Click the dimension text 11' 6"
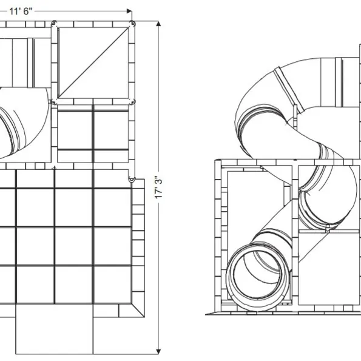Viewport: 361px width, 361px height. pyautogui.click(x=21, y=11)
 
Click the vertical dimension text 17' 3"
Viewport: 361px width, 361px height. pyautogui.click(x=158, y=187)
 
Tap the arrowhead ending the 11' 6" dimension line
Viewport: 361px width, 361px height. pyautogui.click(x=129, y=11)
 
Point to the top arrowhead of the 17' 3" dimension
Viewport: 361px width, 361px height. pyautogui.click(x=158, y=24)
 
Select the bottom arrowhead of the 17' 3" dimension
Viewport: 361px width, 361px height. pyautogui.click(x=158, y=351)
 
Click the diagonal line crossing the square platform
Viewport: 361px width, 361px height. pyautogui.click(x=93, y=62)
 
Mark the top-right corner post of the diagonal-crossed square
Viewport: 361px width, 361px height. pyautogui.click(x=132, y=24)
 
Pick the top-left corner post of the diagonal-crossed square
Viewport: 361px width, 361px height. pyautogui.click(x=54, y=24)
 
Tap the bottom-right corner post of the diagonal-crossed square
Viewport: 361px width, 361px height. pyautogui.click(x=132, y=101)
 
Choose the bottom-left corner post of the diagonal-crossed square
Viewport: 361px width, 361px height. pyautogui.click(x=54, y=101)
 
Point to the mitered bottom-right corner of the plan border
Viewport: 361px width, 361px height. pyautogui.click(x=138, y=311)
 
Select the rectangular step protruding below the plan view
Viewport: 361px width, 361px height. pyautogui.click(x=55, y=329)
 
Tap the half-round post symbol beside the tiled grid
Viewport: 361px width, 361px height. pyautogui.click(x=132, y=180)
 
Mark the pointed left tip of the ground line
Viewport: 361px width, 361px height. pyautogui.click(x=206, y=314)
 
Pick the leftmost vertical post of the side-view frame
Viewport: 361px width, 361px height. pyautogui.click(x=218, y=235)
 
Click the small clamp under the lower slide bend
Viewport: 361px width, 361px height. pyautogui.click(x=328, y=229)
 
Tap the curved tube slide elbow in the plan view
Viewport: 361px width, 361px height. pyautogui.click(x=23, y=122)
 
